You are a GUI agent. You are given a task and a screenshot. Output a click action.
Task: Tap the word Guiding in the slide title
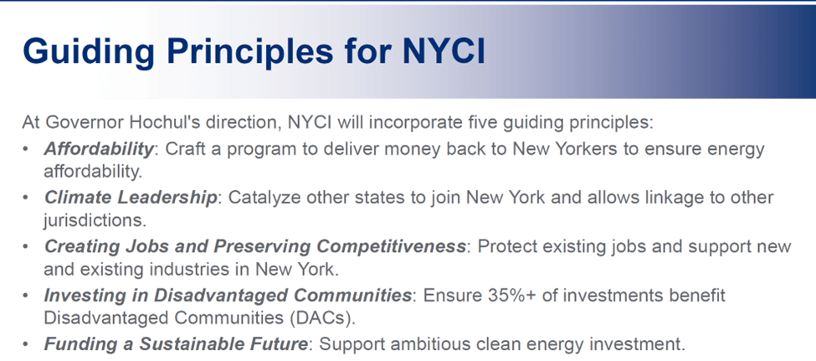89,51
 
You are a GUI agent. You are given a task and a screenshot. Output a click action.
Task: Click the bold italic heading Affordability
99,149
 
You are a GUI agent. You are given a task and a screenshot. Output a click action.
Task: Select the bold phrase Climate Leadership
130,198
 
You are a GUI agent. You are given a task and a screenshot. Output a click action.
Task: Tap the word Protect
505,246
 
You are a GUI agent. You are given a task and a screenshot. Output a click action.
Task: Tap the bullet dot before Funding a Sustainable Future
26,344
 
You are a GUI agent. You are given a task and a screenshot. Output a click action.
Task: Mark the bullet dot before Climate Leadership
26,199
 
